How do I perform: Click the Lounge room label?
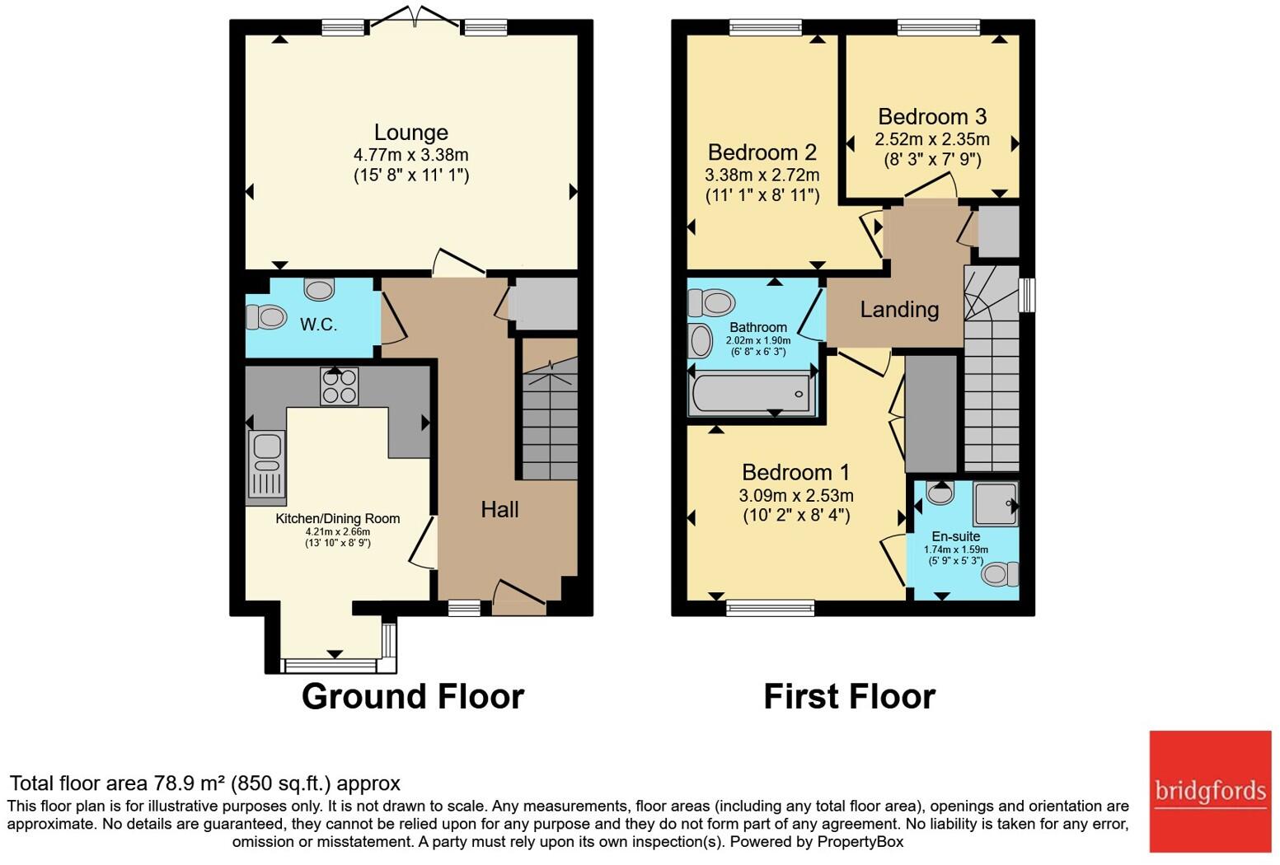coord(410,133)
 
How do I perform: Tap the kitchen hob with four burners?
coord(340,386)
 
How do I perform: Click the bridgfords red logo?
coord(1210,792)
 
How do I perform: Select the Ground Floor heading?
coord(413,696)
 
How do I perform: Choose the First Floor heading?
coord(850,696)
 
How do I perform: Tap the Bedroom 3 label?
coord(932,116)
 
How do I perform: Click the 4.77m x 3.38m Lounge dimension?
coord(410,155)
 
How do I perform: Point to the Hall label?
coord(499,509)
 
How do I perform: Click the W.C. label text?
coord(318,325)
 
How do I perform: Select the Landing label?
coord(899,310)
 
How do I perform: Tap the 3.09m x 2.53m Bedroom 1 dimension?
coord(796,495)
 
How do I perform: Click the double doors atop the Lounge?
coord(415,17)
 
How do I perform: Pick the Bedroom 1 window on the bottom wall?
coord(771,608)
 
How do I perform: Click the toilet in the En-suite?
coord(1000,574)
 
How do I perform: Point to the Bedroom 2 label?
coord(762,152)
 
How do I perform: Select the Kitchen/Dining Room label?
coord(337,519)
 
